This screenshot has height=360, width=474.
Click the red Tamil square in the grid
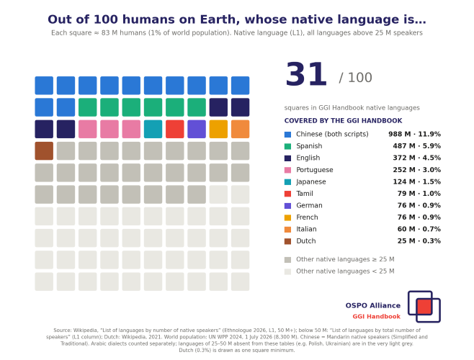pos(175,129)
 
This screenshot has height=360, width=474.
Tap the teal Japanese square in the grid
pos(153,129)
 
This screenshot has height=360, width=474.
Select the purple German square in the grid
pos(197,129)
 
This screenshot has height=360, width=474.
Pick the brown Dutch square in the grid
pos(44,150)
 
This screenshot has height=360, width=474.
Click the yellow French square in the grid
pos(218,129)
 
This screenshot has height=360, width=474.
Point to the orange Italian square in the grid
pos(241,129)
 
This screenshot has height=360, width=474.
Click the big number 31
pos(306,74)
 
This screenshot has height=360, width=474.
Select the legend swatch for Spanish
pos(288,146)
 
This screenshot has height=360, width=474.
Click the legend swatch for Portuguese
pos(288,170)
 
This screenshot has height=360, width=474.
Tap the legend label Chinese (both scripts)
pos(332,134)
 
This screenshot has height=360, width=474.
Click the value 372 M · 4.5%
pos(417,158)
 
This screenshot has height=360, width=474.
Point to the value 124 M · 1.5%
pos(417,181)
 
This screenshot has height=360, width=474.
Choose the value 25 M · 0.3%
pos(419,241)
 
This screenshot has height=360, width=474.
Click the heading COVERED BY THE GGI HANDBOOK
pos(343,121)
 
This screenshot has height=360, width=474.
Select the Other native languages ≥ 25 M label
pos(345,259)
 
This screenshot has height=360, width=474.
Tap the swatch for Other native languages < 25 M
pos(288,271)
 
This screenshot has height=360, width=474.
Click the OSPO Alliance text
pos(373,305)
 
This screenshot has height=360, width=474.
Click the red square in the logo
pos(424,307)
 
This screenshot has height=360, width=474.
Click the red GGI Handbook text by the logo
pos(376,317)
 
